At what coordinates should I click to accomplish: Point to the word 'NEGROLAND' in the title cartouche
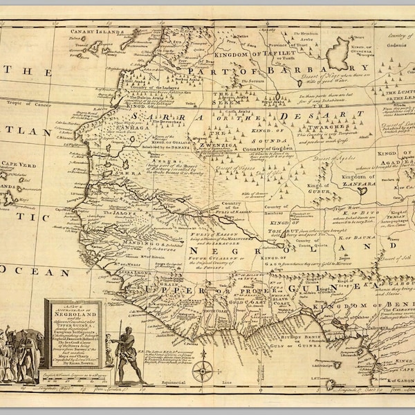[73, 313]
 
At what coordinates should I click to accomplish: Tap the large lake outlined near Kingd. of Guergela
[339, 52]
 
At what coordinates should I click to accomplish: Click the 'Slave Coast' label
[284, 302]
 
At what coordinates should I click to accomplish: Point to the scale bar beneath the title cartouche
[73, 374]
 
